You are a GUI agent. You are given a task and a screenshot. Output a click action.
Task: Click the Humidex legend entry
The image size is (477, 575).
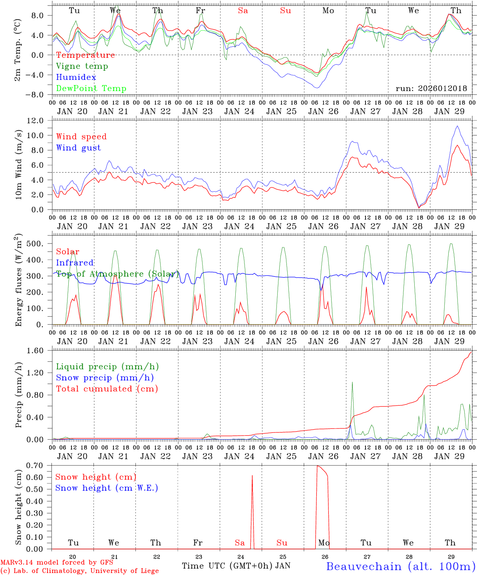pos(76,77)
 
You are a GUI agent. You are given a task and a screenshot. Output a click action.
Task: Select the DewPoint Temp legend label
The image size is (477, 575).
pos(91,88)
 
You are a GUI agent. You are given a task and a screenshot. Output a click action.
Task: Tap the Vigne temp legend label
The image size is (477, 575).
pos(82,66)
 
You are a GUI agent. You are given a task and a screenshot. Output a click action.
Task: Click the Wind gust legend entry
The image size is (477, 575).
pos(78,148)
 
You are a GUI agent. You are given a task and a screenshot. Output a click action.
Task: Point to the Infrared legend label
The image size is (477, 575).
pos(75,263)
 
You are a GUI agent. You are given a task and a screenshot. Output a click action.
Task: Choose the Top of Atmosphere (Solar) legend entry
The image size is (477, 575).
pos(117,274)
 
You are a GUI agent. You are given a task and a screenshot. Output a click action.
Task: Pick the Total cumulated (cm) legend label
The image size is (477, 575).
pos(107,389)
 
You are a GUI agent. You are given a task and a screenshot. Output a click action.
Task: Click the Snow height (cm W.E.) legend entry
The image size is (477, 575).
pos(107,488)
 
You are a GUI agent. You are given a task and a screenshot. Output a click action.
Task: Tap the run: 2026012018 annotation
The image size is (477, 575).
pos(431,88)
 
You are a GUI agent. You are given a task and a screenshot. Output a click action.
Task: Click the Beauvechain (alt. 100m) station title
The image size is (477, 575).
pos(401,566)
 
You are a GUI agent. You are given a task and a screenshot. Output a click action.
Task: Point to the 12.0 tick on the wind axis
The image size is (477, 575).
pos(40,120)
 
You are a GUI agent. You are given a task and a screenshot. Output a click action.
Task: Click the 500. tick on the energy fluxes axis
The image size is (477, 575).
pos(41,244)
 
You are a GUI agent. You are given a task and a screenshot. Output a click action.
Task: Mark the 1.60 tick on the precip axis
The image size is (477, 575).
pos(40,351)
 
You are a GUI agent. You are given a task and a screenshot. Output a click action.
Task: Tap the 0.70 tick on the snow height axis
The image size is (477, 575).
pos(40,466)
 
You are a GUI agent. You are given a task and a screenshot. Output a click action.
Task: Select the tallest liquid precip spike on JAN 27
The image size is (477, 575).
pos(352,383)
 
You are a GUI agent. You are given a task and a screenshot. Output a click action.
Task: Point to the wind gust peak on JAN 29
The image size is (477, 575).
pos(457,126)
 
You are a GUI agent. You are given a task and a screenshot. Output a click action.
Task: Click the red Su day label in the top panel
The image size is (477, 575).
pos(285,11)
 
